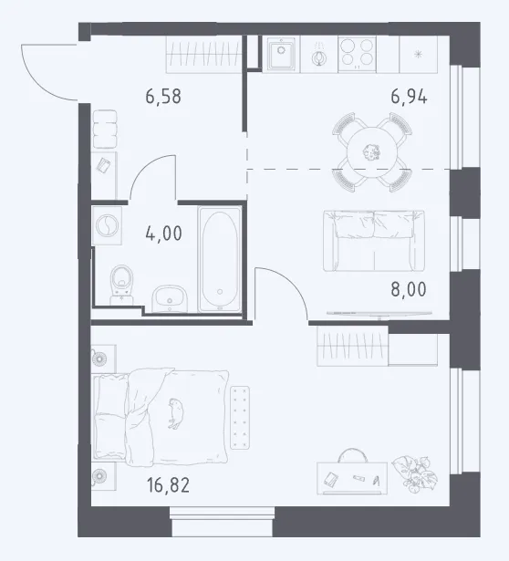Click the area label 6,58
pos(163,97)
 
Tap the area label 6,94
pos(409,97)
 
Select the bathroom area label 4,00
pos(164,234)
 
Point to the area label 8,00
pos(409,289)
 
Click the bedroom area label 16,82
pos(168,485)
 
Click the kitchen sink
pos(282,55)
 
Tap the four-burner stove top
pos(357,54)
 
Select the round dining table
pos(372,152)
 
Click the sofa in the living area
pos(374,241)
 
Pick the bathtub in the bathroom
pos(220,259)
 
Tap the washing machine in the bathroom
pos(107,225)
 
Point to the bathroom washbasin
pos(170,299)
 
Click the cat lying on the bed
pos(176,413)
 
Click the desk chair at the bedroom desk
pos(352,455)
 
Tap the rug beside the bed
pos(240,418)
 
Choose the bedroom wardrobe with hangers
pos(352,347)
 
